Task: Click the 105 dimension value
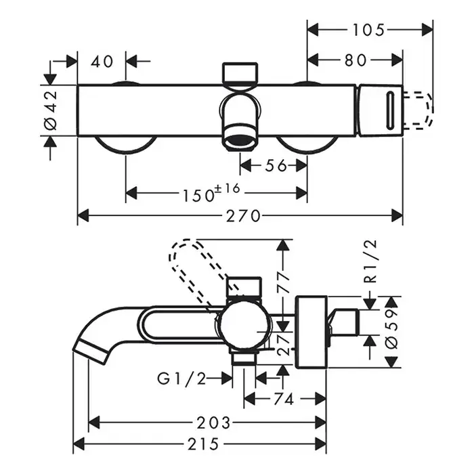(x=370, y=29)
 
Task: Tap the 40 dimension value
(x=102, y=61)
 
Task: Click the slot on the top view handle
(x=389, y=108)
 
